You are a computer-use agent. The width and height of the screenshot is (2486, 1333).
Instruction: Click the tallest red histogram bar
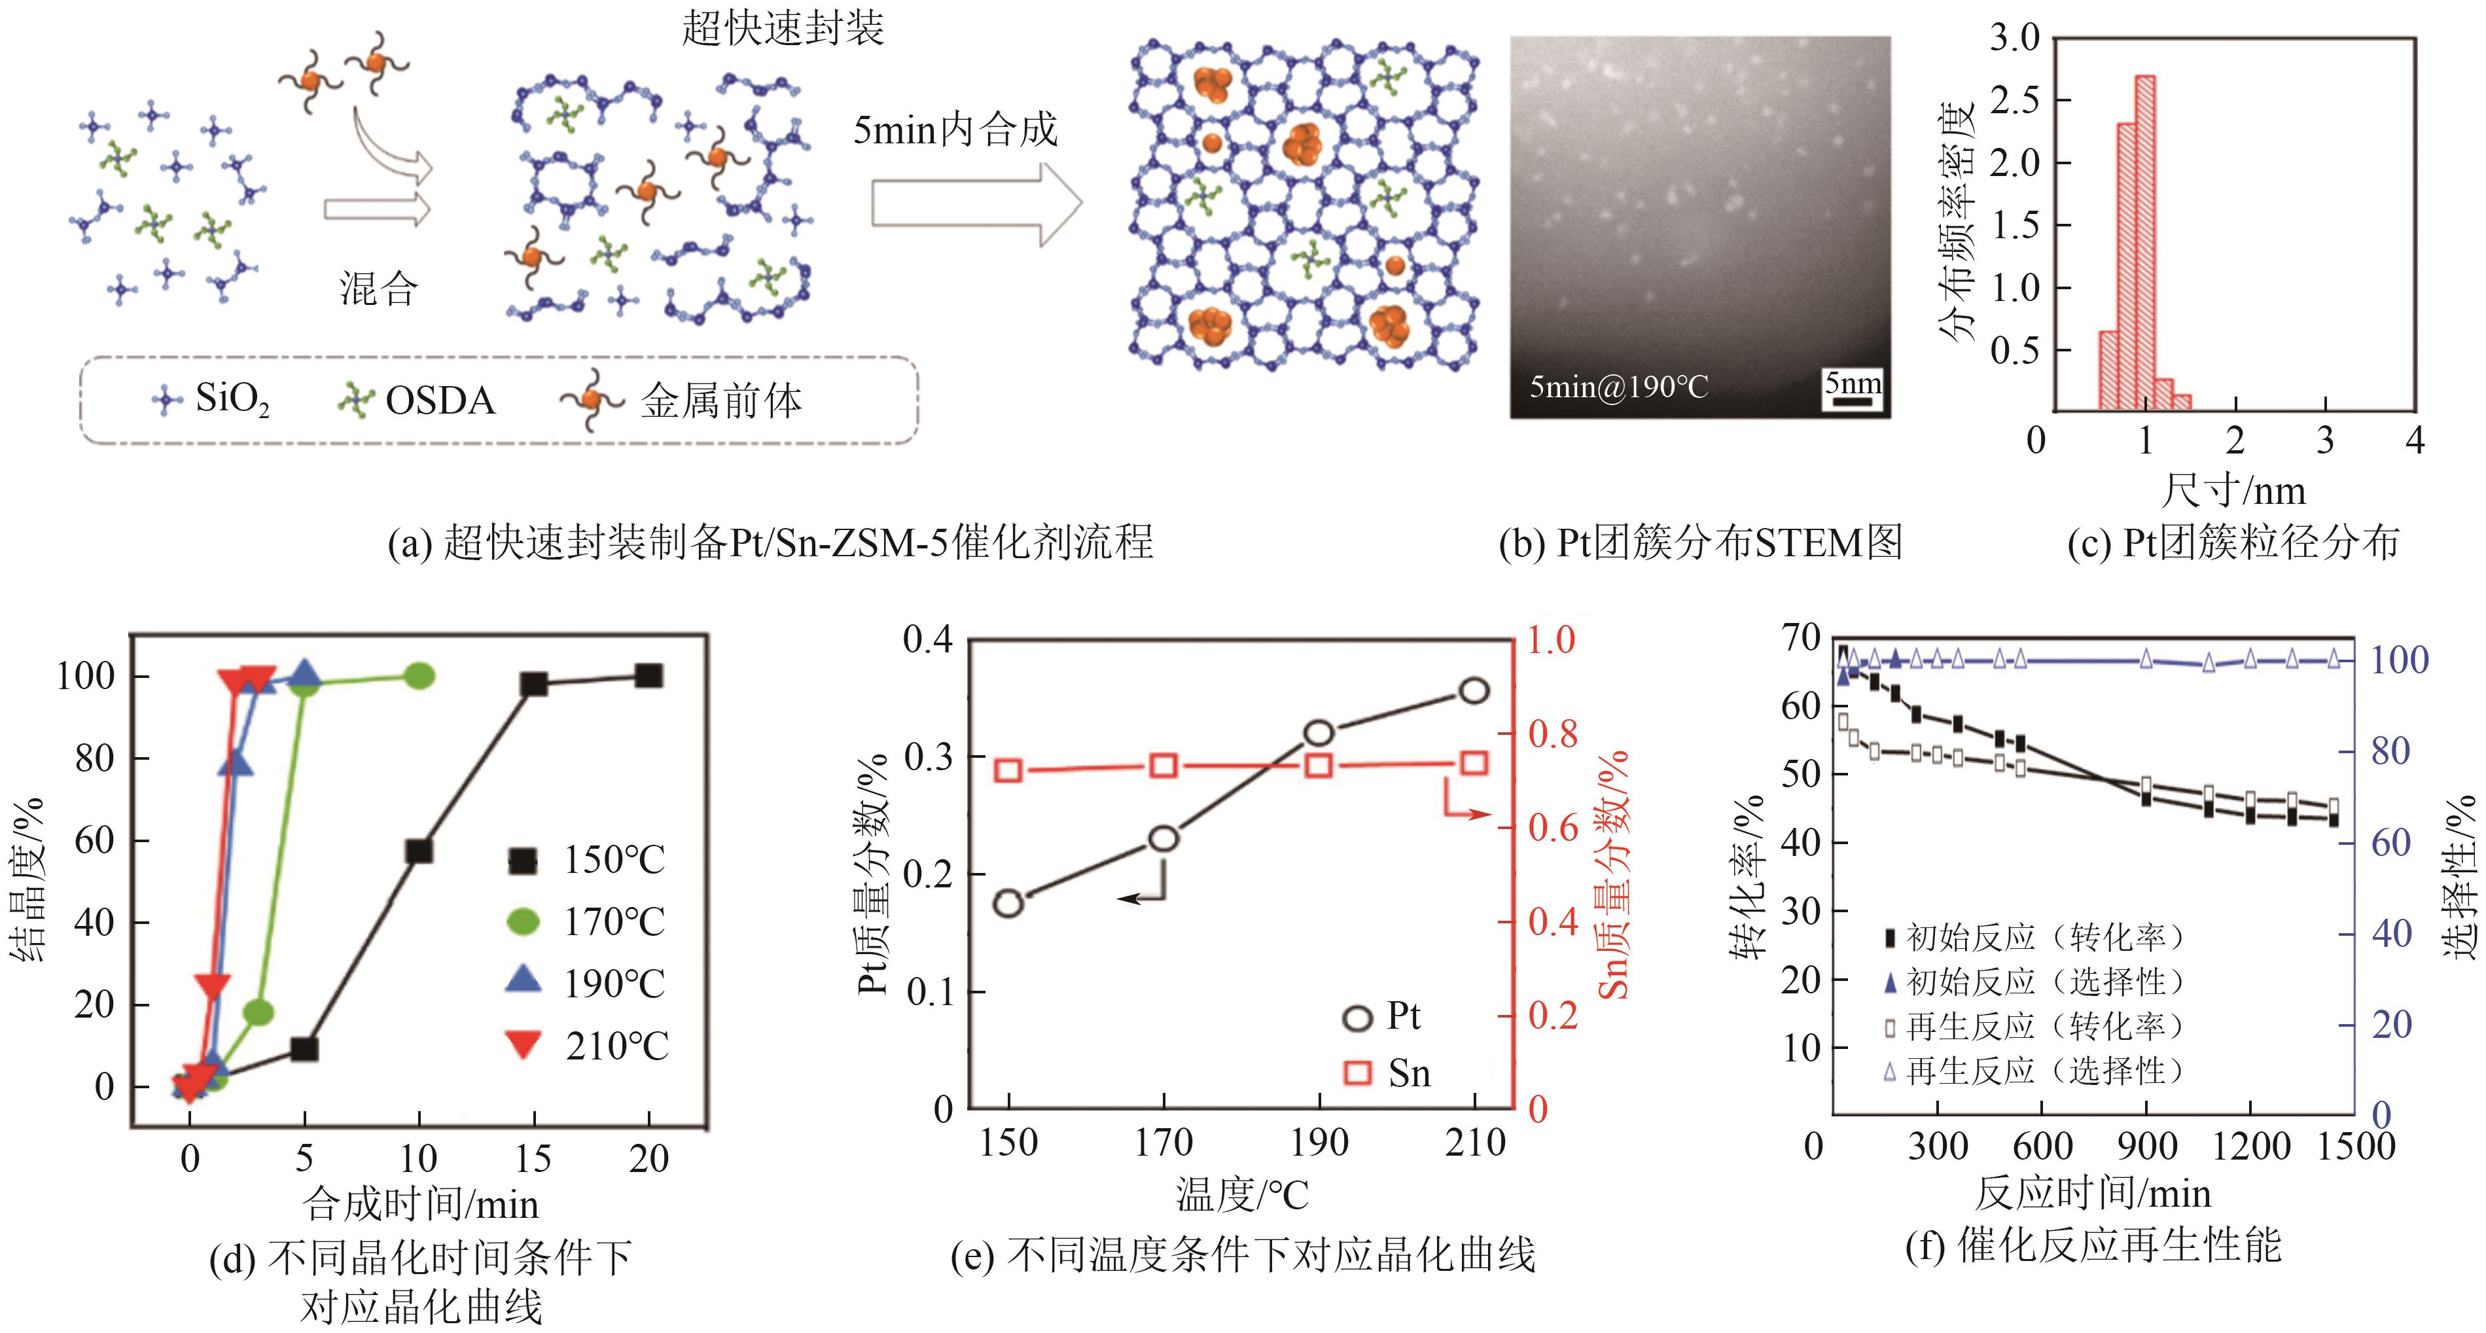click(2144, 241)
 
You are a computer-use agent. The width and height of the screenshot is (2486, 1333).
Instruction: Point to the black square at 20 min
click(648, 676)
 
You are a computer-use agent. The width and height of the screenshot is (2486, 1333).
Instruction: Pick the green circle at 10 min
click(419, 676)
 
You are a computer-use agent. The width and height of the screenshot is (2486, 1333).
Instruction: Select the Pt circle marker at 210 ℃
click(1474, 690)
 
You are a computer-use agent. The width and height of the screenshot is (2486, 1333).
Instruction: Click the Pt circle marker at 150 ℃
click(1008, 904)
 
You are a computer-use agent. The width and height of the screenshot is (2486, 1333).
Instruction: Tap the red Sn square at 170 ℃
click(1164, 766)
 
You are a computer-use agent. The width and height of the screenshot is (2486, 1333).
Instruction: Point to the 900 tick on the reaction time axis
click(2146, 1146)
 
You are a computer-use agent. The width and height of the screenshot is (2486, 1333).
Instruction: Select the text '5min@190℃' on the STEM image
click(1618, 387)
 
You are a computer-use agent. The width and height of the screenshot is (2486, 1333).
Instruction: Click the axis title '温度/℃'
click(1242, 1195)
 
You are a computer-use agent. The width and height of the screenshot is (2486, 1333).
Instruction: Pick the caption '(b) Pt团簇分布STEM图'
click(1701, 543)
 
